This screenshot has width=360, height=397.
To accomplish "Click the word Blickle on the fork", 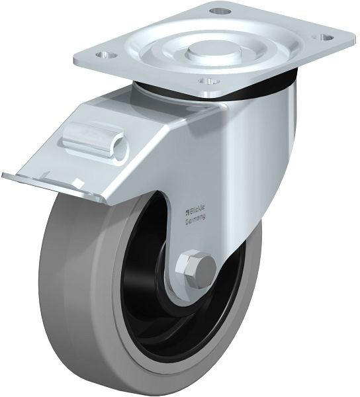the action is (x=198, y=209).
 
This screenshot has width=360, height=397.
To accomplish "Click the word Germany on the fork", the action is (x=195, y=219).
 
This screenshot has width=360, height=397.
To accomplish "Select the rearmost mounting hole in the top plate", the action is (x=220, y=11).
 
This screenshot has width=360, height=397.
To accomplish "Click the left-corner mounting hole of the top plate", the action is (x=107, y=54).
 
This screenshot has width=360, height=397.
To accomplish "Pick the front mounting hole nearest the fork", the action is (x=208, y=81).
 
